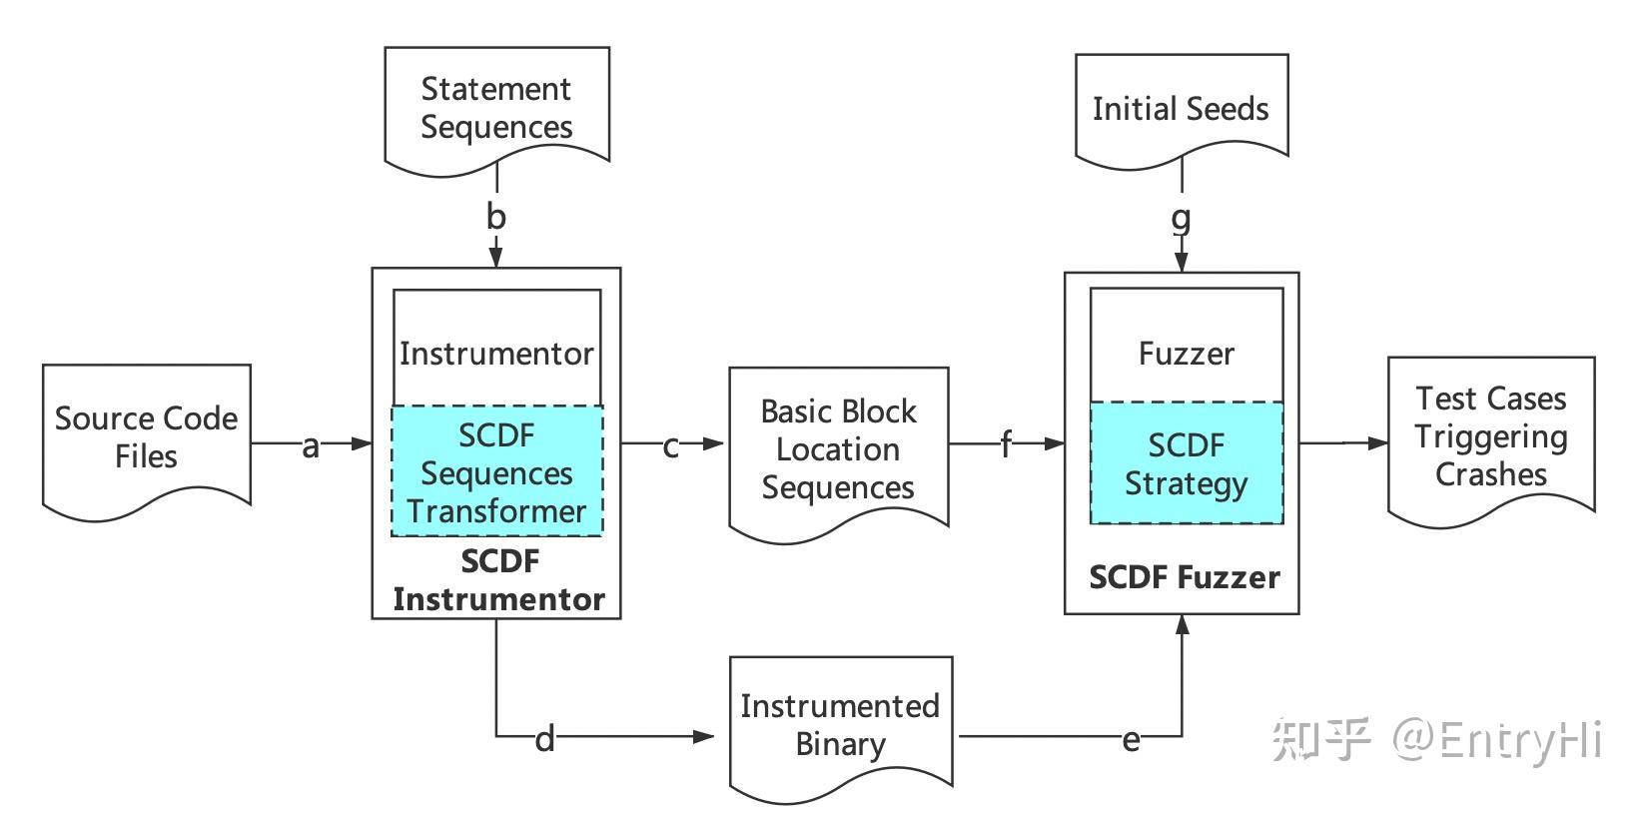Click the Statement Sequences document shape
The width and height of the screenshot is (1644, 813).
point(496,107)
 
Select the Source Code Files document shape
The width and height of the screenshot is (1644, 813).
point(146,437)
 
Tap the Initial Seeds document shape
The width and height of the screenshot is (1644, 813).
point(1181,108)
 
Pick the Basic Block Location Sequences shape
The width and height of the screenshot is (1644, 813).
point(838,449)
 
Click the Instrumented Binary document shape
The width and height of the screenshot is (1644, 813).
point(840,725)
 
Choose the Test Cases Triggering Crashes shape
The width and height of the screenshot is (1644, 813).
point(1490,436)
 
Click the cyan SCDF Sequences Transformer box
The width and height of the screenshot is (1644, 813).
point(496,471)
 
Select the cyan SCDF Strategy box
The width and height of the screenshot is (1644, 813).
point(1186,463)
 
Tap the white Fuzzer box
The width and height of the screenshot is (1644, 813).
point(1186,352)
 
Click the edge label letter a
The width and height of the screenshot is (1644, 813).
point(311,446)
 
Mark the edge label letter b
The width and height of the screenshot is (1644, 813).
point(496,217)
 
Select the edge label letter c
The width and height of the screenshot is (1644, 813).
point(671,446)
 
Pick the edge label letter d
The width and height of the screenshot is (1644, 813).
point(544,739)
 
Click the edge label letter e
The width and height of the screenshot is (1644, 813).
point(1131,740)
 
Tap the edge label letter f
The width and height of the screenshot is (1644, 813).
point(1006,444)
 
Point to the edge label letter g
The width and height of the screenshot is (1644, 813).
point(1181,218)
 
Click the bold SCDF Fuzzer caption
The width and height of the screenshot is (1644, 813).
point(1184,577)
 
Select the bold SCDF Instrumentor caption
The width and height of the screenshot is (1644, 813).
point(498,580)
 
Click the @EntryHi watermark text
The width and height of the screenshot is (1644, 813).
point(1497,739)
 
